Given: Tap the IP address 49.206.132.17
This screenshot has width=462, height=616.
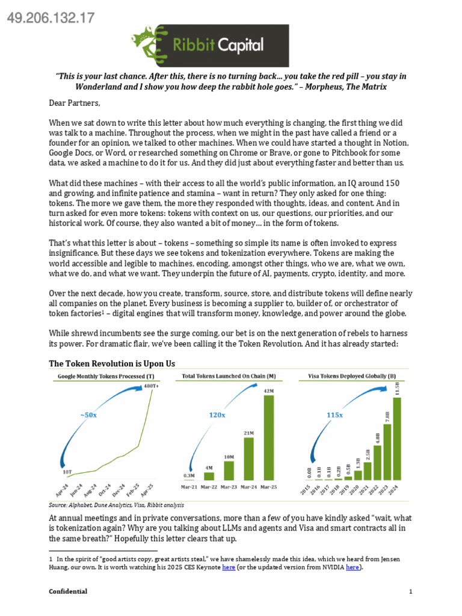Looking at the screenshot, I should coord(50,18).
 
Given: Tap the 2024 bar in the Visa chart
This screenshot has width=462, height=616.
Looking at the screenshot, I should coord(396,438).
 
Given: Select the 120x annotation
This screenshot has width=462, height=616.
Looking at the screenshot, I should coord(217,414).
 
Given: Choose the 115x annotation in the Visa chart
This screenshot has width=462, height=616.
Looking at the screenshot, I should coord(334,414).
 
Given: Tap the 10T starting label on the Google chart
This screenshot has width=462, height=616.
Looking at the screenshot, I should coord(67,472).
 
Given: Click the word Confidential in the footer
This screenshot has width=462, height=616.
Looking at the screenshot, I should coord(68,591).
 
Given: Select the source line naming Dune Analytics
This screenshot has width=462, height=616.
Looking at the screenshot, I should coord(117,505).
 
